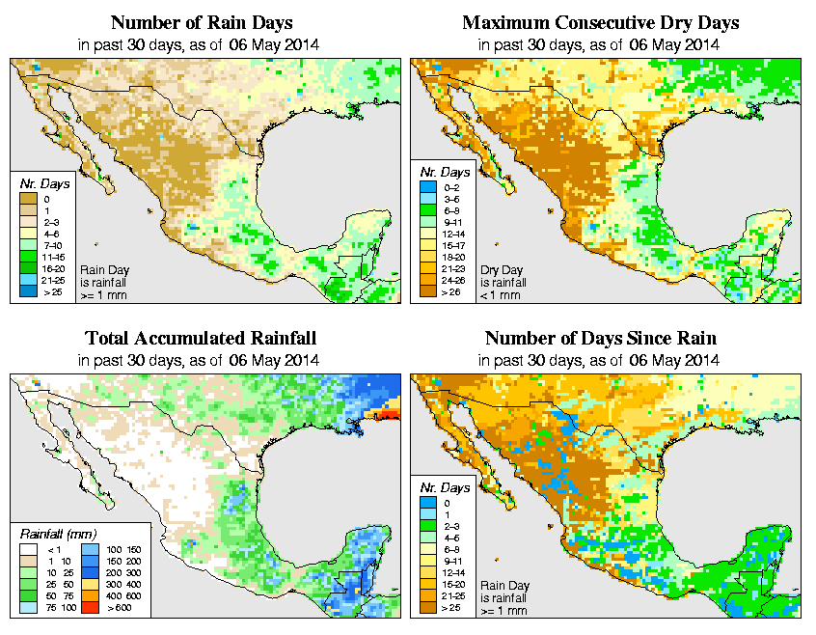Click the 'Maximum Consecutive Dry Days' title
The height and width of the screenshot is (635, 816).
point(600,22)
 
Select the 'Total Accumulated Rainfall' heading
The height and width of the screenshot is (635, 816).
point(201,339)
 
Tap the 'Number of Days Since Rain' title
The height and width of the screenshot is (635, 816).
point(600,339)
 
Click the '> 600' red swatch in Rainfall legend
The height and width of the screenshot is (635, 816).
point(87,609)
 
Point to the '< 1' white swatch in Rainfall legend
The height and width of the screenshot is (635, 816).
point(29,549)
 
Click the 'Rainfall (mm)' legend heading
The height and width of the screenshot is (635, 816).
point(59,532)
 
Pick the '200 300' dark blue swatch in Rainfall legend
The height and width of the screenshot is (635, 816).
point(87,573)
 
